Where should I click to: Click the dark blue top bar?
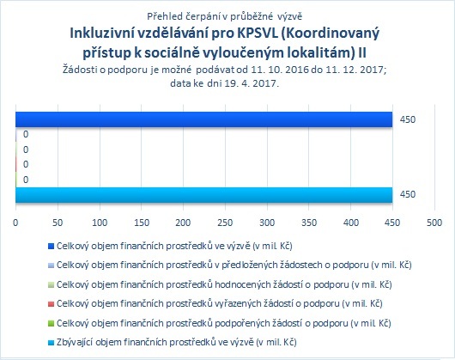point(204,119)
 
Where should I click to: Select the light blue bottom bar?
point(204,195)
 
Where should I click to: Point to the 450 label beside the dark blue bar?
point(408,119)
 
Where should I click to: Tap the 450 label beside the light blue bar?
point(408,194)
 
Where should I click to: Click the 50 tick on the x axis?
point(58,223)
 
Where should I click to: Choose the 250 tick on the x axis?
point(225,223)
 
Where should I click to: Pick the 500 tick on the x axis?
point(434,223)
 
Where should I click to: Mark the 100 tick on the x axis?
point(100,223)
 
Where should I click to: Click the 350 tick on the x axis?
point(309,223)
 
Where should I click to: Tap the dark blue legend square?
point(51,247)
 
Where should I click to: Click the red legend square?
point(51,304)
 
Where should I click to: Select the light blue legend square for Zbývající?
point(51,343)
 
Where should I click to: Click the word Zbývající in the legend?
point(75,343)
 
